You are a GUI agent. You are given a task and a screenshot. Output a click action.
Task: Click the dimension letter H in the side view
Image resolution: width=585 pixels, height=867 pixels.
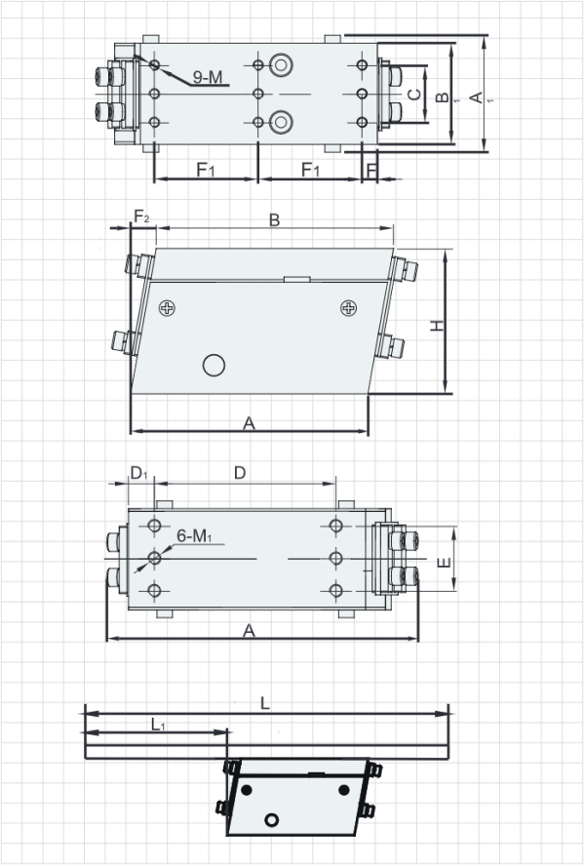tap(438, 325)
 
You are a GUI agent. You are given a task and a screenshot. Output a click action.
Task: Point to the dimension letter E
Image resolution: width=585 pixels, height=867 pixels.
tap(442, 564)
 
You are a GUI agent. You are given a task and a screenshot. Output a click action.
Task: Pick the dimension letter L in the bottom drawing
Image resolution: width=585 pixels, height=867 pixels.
tap(265, 702)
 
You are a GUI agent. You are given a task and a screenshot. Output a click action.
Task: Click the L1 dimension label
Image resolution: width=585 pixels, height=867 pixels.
tap(157, 725)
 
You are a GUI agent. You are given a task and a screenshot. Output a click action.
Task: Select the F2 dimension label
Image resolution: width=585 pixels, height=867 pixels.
tap(141, 217)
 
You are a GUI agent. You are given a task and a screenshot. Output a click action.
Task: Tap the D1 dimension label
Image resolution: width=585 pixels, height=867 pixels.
tap(138, 474)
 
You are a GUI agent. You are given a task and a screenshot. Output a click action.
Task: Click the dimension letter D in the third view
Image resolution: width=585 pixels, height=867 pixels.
tap(240, 473)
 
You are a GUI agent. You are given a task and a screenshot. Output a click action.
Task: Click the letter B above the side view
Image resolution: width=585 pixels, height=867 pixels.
tap(275, 221)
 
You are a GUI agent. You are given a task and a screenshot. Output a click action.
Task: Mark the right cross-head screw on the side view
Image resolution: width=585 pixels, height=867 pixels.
tap(348, 308)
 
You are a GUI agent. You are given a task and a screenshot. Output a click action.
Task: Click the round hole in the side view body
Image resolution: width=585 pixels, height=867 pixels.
tap(213, 365)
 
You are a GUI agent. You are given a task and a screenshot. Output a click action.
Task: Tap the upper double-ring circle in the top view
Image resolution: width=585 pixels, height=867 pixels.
tap(281, 64)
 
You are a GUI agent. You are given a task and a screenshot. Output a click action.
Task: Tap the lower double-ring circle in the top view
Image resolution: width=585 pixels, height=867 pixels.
tap(281, 122)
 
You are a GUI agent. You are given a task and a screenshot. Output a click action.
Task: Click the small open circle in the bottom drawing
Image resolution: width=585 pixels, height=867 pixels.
tap(273, 818)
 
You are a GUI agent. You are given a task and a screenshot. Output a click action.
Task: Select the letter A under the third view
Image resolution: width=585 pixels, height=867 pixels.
tap(250, 632)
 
